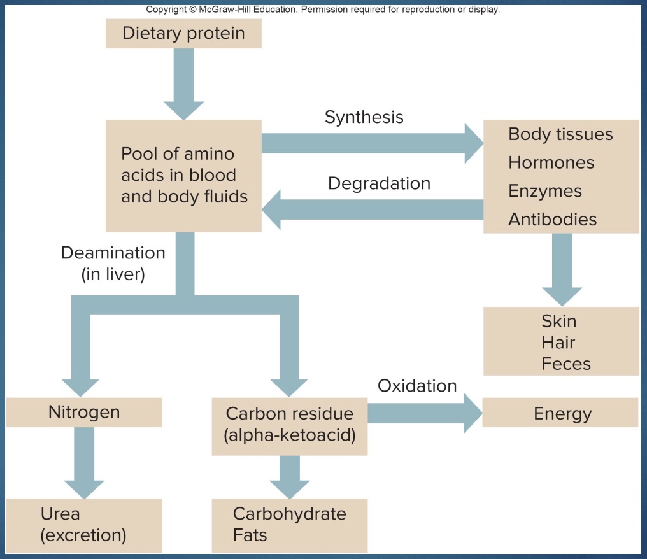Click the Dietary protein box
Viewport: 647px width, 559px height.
tap(183, 33)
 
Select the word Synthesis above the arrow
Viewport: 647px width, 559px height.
tap(364, 117)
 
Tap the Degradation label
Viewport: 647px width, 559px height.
tap(379, 183)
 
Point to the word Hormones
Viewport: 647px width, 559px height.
tap(551, 162)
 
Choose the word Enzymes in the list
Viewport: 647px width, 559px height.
tap(544, 191)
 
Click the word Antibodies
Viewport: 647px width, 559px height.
tap(552, 220)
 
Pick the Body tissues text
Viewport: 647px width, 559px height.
tap(560, 134)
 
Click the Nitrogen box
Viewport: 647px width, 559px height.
tap(84, 412)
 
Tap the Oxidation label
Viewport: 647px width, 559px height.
tap(417, 386)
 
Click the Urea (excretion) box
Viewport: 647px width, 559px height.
tap(84, 525)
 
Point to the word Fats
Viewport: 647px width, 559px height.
tap(249, 535)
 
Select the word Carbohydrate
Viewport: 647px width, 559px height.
tap(289, 514)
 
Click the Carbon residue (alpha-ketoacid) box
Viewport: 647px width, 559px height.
tap(289, 425)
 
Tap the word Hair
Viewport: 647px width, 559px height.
tap(558, 343)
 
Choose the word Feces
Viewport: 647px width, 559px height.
tap(565, 364)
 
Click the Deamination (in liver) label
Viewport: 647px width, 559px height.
tap(113, 264)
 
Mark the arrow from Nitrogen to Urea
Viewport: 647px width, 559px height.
tap(84, 462)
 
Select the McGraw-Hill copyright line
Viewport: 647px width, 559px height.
tap(323, 10)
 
